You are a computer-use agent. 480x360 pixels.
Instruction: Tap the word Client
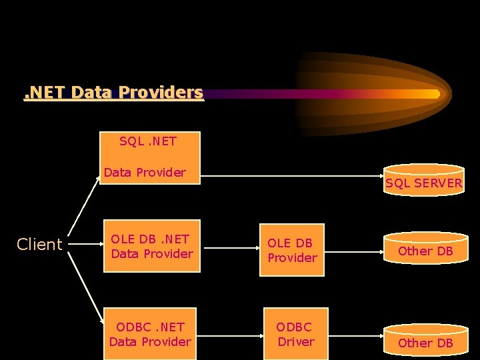[39, 245]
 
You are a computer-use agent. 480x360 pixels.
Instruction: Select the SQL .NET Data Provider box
[151, 158]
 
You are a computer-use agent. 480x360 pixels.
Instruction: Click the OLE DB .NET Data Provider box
[151, 246]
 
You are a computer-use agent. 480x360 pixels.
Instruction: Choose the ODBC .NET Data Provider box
[150, 334]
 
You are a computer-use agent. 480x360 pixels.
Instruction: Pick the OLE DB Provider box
[292, 250]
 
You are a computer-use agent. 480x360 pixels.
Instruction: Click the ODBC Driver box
[295, 334]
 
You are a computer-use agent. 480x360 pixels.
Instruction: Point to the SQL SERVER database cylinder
[423, 179]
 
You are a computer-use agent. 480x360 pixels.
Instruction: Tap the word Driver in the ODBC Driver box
[296, 341]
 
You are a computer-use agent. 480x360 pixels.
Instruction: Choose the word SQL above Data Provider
[129, 141]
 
